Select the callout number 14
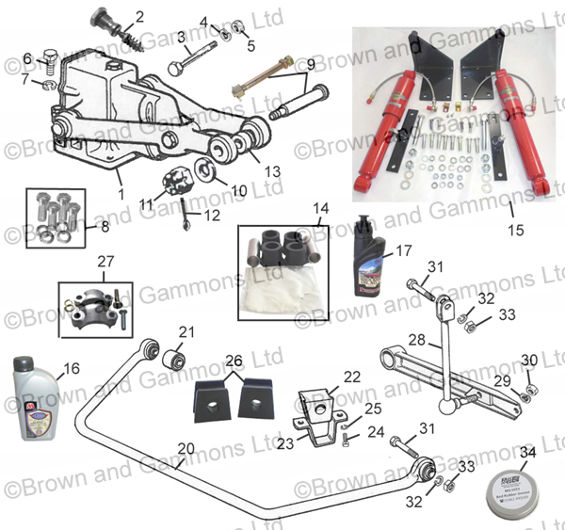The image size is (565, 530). [321, 209]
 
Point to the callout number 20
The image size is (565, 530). [186, 449]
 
